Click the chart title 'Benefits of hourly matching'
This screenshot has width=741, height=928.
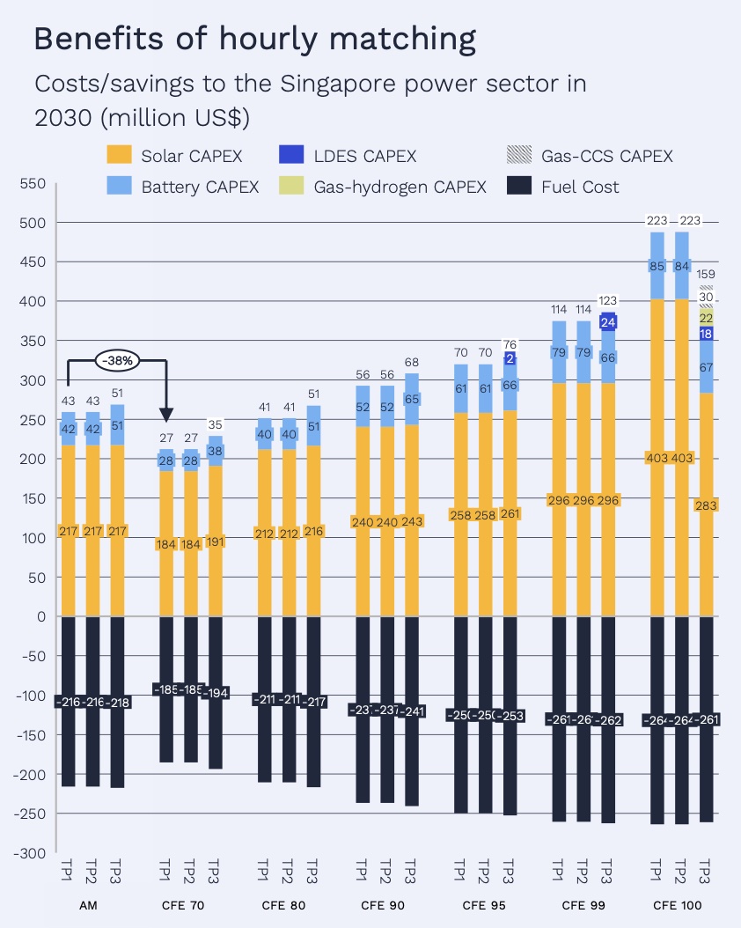pos(254,40)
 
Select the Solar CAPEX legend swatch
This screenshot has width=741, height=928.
pos(119,156)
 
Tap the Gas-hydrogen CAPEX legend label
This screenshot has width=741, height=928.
pos(400,187)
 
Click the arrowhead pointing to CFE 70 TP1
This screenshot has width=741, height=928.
pos(166,415)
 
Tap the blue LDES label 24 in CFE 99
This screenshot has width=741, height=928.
pos(608,322)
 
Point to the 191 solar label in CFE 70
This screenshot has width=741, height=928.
pos(215,541)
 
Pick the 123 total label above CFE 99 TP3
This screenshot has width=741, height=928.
pos(608,301)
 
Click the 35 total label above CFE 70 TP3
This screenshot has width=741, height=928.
pos(215,425)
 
